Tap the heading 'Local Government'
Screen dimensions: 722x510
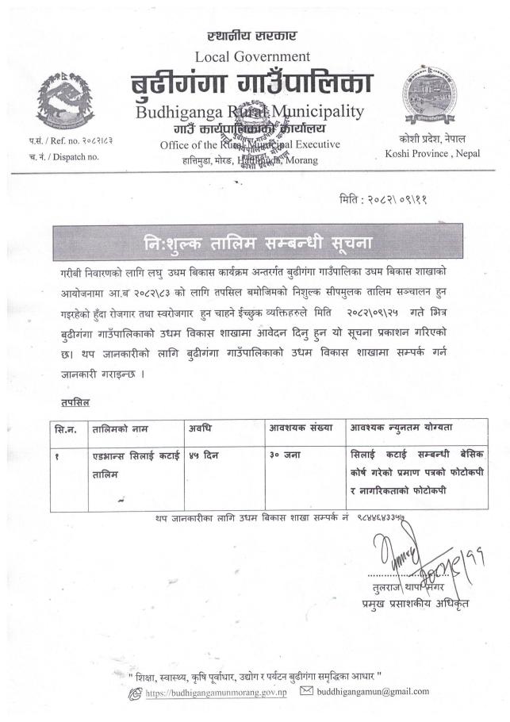click(251, 56)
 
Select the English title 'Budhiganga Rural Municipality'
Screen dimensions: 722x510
click(250, 112)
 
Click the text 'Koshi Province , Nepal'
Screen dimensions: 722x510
click(429, 153)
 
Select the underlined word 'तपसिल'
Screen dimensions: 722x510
click(75, 403)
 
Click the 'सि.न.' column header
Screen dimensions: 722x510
click(66, 428)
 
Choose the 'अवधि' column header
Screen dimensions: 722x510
click(200, 428)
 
